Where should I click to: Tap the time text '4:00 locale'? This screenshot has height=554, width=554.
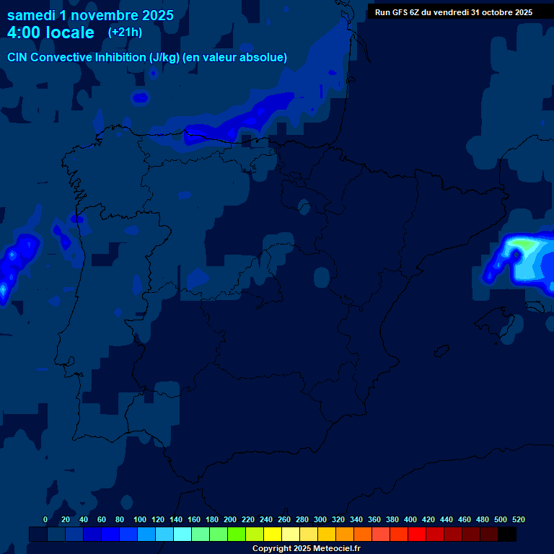tap(50, 33)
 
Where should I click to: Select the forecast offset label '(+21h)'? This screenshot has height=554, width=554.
tap(125, 32)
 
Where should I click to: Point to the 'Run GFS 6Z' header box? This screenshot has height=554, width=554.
tap(453, 12)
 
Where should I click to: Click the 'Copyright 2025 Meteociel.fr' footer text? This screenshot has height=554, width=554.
tap(306, 549)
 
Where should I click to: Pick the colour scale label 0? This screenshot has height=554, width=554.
tap(45, 519)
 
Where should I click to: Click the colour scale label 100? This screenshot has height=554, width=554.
tap(140, 519)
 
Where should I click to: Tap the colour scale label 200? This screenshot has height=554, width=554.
tap(230, 519)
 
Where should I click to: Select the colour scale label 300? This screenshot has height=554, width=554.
tap(320, 519)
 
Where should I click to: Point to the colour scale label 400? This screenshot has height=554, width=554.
tap(410, 519)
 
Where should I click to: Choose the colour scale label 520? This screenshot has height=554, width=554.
tap(518, 519)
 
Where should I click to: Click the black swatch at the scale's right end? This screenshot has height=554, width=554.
tap(507, 534)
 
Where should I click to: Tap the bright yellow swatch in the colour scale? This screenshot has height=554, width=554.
tap(273, 534)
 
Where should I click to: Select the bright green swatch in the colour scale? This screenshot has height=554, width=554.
tap(237, 534)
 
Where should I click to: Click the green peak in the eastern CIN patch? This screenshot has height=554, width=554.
tap(527, 245)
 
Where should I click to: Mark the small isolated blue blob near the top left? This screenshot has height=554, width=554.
tap(140, 97)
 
